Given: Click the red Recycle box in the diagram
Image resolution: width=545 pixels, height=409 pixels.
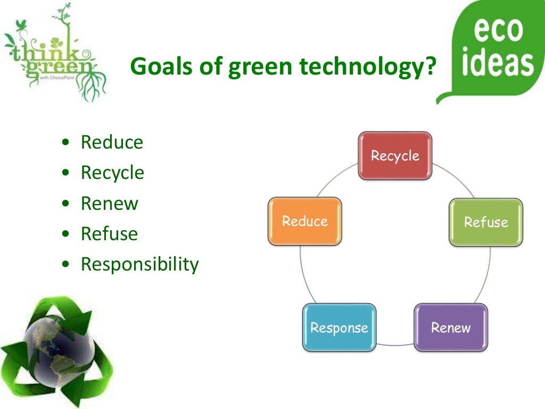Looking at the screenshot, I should coord(395,156).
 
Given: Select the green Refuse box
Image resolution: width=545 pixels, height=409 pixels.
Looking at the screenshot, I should coord(485,222).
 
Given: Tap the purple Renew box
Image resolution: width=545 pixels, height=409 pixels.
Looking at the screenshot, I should coord(451,327).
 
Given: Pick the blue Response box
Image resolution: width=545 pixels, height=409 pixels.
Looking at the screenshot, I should coord(339,327).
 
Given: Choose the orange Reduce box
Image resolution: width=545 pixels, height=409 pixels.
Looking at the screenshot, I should coord(304,221).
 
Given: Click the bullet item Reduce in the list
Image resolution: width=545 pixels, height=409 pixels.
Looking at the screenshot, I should coord(112,143).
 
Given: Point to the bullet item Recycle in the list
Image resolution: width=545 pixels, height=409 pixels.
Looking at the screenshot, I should coord(112,173).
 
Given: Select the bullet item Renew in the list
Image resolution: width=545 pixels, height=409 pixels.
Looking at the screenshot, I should coord(109,203).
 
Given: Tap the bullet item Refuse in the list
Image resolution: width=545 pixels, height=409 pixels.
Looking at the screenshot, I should coord(109,234).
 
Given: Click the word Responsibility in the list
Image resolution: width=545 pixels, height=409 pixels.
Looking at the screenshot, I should coord(139,264).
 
